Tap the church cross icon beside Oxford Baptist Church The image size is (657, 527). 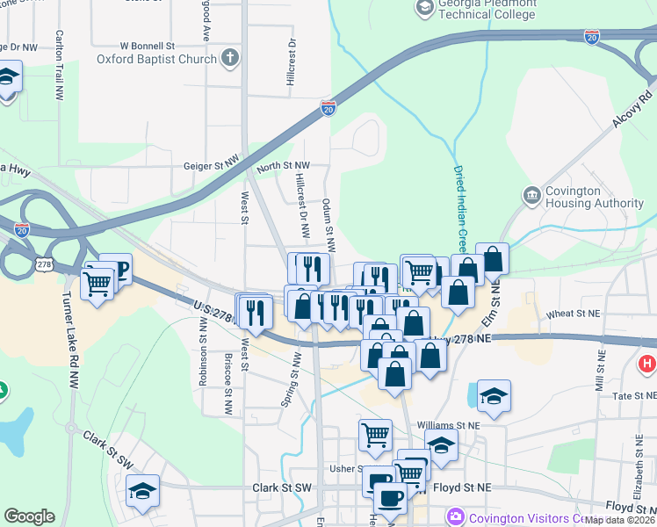pyautogui.click(x=230, y=59)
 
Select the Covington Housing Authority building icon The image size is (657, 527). pyautogui.click(x=531, y=195)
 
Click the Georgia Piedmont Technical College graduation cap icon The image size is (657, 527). pyautogui.click(x=425, y=9)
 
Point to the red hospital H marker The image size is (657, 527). pyautogui.click(x=648, y=363)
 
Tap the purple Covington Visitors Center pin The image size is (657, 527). pyautogui.click(x=454, y=516)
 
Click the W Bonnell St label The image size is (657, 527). pyautogui.click(x=148, y=44)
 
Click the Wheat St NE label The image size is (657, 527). pyautogui.click(x=573, y=314)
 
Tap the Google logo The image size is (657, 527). pyautogui.click(x=29, y=516)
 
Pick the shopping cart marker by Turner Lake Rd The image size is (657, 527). pyautogui.click(x=97, y=283)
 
